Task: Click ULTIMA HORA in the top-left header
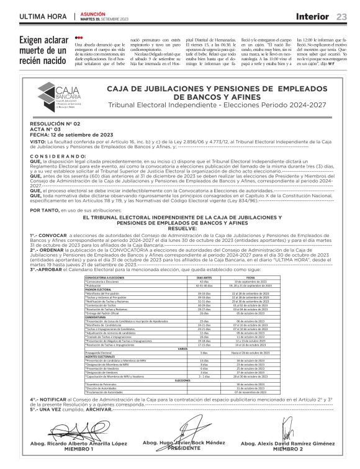43,16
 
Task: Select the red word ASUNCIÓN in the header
93,13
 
